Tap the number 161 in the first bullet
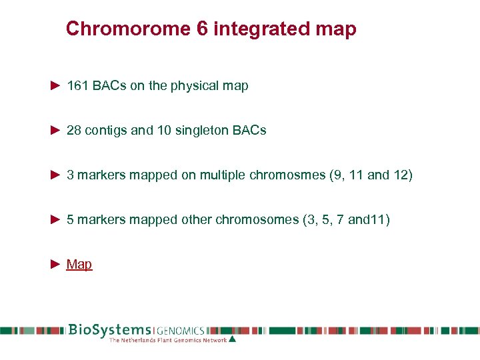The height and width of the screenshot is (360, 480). tap(77, 86)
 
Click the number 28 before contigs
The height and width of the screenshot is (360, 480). tap(74, 131)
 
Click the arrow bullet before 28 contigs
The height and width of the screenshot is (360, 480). tap(56, 131)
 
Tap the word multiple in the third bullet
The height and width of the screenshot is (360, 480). tap(221, 175)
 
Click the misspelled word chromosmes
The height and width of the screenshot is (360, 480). tap(287, 175)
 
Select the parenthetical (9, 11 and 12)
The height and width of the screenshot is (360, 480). tap(371, 175)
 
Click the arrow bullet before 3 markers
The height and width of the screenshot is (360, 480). tap(56, 175)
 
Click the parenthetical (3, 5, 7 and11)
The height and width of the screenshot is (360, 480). tap(346, 220)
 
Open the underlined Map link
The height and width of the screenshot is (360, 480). tap(79, 265)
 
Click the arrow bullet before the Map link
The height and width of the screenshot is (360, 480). tap(56, 265)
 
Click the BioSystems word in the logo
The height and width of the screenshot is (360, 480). tap(110, 330)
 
